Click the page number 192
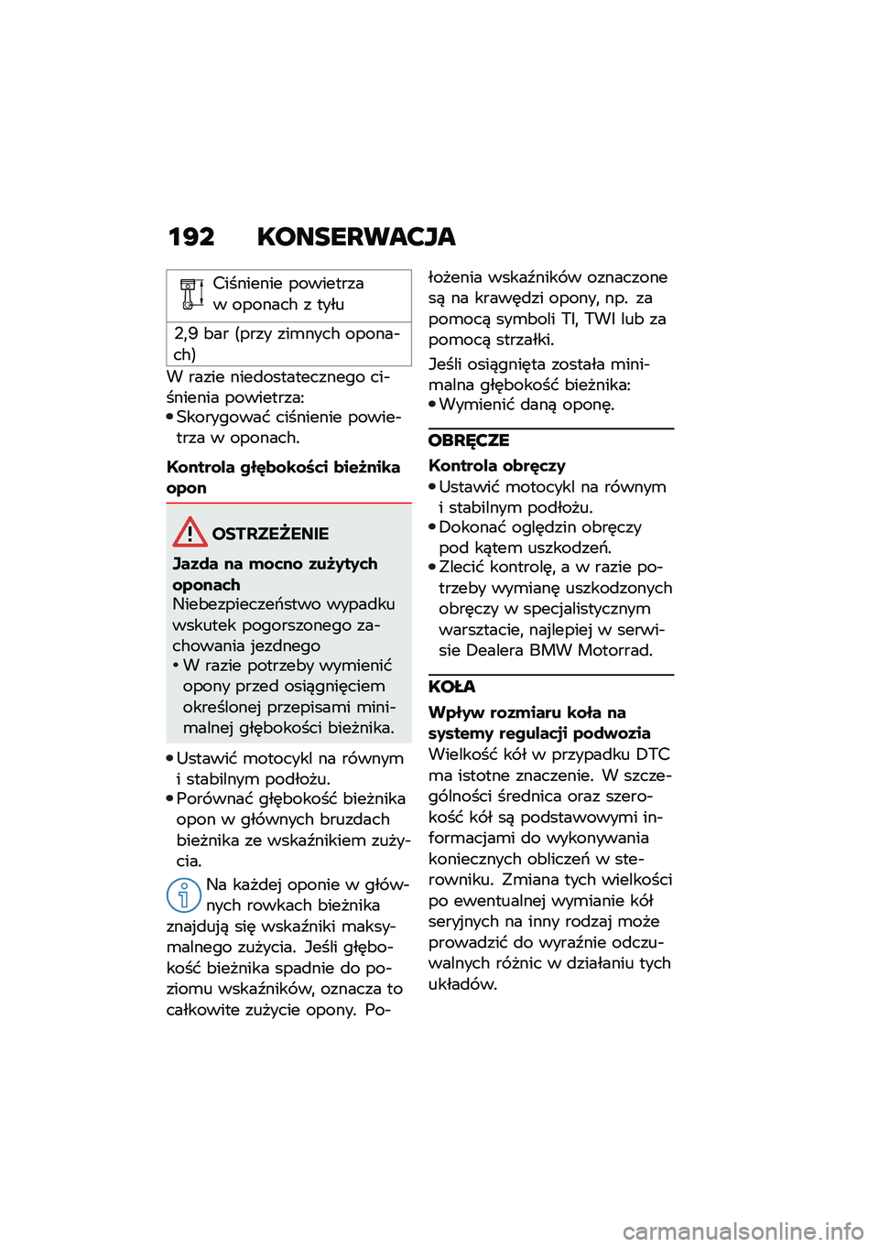[191, 237]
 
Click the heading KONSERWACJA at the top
[356, 237]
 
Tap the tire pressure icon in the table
[191, 294]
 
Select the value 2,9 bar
[201, 334]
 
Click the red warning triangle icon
[190, 532]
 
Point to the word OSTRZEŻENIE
[270, 534]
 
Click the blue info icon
[183, 895]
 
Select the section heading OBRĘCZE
[469, 440]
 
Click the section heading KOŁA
[452, 687]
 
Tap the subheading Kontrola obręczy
[497, 466]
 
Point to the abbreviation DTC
[653, 754]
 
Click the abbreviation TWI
[600, 320]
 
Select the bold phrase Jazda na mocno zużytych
[275, 564]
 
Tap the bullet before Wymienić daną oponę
[432, 405]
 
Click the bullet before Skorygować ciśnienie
[170, 417]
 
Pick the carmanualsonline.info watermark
[743, 1231]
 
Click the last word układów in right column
[461, 985]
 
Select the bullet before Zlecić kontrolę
[432, 568]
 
